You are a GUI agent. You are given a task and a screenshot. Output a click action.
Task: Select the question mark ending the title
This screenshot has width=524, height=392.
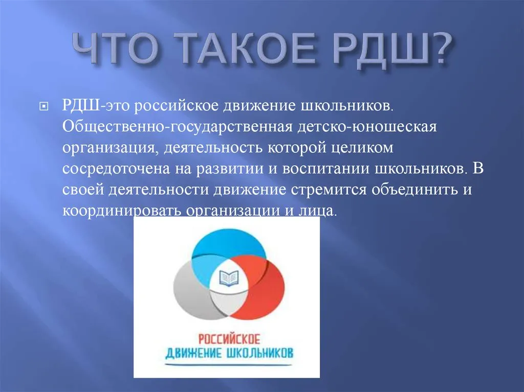[441, 49]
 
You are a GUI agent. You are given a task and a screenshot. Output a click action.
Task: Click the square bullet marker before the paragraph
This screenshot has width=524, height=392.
[44, 107]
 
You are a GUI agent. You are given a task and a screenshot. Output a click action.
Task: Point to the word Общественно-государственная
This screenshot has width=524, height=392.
[178, 127]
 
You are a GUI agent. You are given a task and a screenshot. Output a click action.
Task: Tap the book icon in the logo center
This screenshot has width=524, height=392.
[229, 278]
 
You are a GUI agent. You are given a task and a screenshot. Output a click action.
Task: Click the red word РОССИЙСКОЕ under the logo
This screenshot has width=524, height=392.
[229, 339]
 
